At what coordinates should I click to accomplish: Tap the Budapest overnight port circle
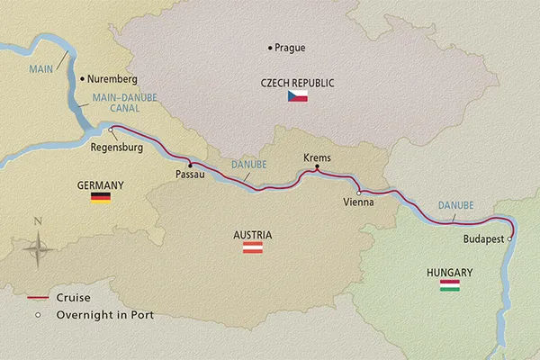coord(510,239)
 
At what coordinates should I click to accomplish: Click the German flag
coord(100,197)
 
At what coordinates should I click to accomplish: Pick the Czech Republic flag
coord(298,95)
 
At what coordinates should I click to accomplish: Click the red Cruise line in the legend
coord(37,297)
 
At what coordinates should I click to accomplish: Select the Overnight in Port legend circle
coord(37,315)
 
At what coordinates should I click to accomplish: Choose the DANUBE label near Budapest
coord(455,207)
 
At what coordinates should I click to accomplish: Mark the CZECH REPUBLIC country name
coord(298,82)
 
